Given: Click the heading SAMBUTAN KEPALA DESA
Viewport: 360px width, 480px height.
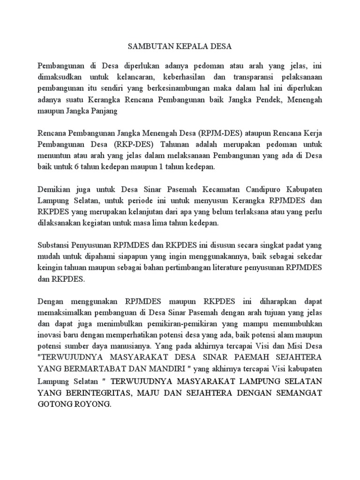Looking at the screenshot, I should click(x=180, y=47).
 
